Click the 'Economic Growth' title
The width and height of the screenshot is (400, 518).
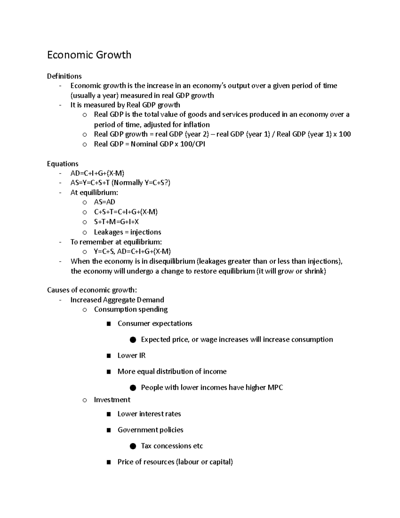point(89,55)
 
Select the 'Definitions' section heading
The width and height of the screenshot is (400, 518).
point(64,76)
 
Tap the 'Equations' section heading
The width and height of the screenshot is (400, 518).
point(63,164)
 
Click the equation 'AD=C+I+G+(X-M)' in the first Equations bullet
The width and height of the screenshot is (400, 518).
point(97,173)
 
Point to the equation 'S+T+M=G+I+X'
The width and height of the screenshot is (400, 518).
point(116,222)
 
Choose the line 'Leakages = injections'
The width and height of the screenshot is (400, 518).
point(127,232)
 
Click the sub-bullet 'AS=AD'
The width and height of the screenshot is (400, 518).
point(104,202)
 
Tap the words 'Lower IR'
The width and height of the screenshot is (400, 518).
point(131,356)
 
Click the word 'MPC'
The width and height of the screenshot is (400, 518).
point(275,388)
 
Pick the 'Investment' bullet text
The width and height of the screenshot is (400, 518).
point(112,400)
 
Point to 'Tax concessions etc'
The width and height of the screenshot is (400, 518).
point(172,446)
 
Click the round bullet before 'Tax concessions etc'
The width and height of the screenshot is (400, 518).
point(133,446)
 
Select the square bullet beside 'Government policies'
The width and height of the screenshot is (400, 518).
point(109,430)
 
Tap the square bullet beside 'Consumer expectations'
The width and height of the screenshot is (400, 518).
point(109,324)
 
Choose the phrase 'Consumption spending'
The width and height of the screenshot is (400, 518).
point(131,309)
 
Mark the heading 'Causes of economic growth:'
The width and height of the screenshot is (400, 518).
point(92,290)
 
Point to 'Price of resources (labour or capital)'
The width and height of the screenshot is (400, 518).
point(175,462)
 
